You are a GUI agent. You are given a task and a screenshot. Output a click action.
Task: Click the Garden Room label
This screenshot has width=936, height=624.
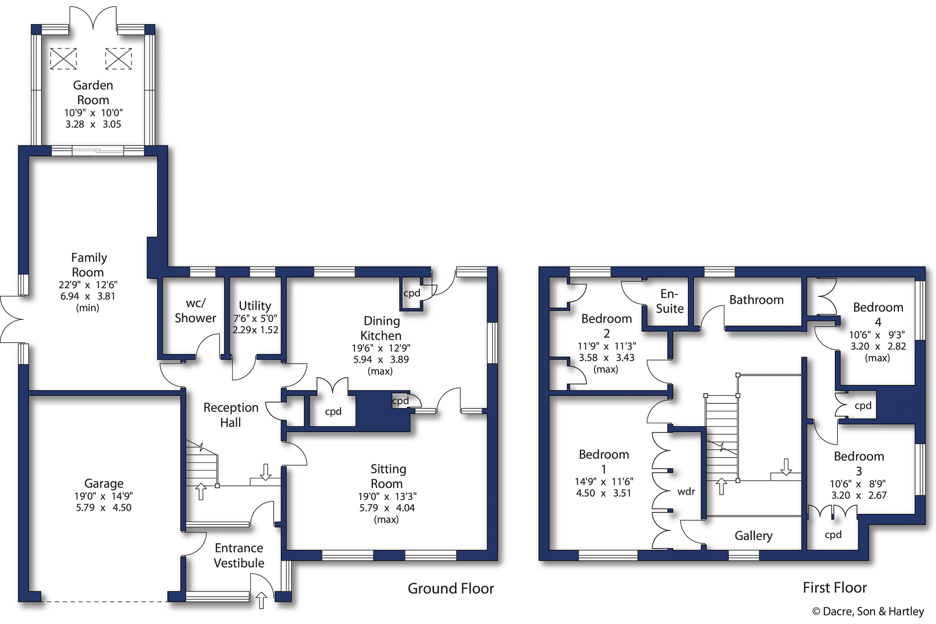93,92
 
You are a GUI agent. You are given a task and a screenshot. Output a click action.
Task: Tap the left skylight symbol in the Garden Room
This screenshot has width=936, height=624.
63,59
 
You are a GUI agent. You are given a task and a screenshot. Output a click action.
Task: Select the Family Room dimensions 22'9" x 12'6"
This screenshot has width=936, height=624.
88,285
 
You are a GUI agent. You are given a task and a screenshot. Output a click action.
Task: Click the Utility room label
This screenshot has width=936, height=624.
254,306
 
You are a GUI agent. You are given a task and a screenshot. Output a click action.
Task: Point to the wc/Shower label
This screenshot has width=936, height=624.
195,310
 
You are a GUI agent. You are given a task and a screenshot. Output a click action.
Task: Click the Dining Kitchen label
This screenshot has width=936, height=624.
381,328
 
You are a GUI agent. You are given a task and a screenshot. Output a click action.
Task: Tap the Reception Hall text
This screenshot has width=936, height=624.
231,415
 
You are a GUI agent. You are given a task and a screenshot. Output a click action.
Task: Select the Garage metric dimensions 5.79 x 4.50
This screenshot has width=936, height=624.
103,507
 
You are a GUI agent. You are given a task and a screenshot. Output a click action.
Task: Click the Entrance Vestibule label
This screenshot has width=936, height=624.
239,555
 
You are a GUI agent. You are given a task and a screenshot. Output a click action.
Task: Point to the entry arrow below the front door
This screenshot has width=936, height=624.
261,600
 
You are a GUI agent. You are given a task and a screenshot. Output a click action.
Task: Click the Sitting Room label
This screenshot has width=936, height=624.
387,476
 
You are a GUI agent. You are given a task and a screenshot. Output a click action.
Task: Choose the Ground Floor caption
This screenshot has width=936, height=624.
450,588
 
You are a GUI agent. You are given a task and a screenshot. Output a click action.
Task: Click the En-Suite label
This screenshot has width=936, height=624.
670,301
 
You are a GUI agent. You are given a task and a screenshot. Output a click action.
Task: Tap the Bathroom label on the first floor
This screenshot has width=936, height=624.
756,300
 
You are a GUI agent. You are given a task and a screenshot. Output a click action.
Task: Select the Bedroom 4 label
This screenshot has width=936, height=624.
878,314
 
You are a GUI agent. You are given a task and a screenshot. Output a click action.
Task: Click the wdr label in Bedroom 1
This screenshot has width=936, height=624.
686,491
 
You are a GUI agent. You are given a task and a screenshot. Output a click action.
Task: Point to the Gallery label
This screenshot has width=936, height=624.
753,535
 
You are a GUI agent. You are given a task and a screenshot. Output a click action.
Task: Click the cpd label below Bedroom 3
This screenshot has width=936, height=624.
833,535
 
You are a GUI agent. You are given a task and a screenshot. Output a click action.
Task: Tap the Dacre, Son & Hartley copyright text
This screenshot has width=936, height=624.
868,611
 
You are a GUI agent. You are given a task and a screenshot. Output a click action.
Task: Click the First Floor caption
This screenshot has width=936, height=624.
834,587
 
